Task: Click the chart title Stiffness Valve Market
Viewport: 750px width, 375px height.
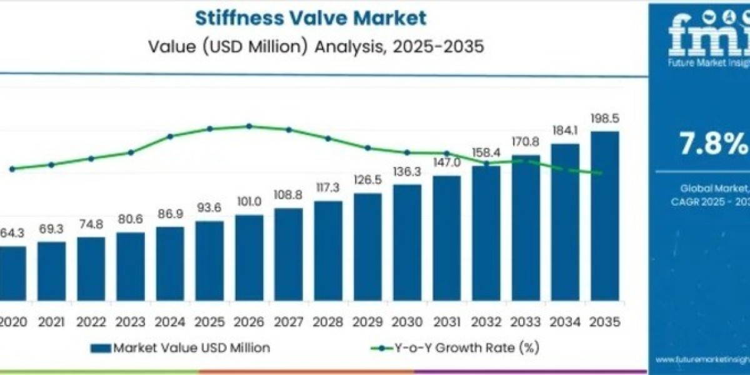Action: (x=311, y=17)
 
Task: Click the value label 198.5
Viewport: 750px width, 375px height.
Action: (x=604, y=119)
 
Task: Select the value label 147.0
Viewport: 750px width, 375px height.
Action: (x=446, y=163)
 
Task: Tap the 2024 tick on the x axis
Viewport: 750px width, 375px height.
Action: (x=170, y=322)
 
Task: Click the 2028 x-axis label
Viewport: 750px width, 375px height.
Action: (x=327, y=322)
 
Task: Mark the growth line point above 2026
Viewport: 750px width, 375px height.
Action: (x=249, y=126)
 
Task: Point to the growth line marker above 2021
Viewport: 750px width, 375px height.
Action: (x=51, y=165)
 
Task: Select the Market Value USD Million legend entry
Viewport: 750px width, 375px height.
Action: (x=181, y=347)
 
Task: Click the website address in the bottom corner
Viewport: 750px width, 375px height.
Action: (x=703, y=360)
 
